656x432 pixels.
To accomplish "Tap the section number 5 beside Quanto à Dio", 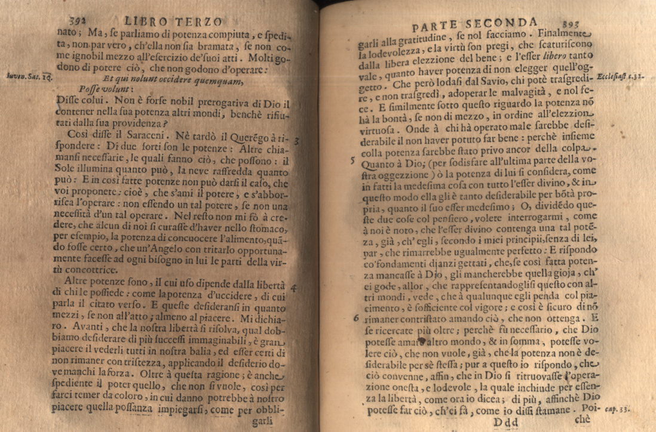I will pyautogui.click(x=353, y=160).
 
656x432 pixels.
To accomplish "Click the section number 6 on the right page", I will pyautogui.click(x=355, y=318).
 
